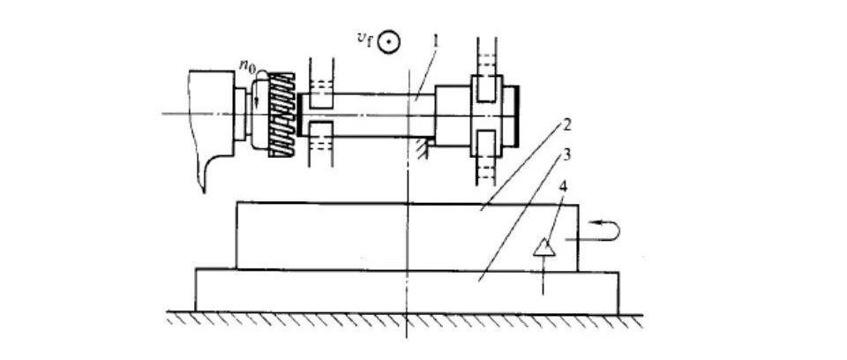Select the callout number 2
coord(566,126)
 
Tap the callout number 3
coord(566,155)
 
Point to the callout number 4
coord(563,190)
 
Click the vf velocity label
coord(364,40)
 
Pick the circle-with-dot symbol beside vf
coord(388,42)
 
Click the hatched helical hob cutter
coord(281,115)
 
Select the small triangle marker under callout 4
coord(544,248)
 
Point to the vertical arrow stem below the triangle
coord(544,275)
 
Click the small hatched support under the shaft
coord(423,146)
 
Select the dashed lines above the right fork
coord(486,58)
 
